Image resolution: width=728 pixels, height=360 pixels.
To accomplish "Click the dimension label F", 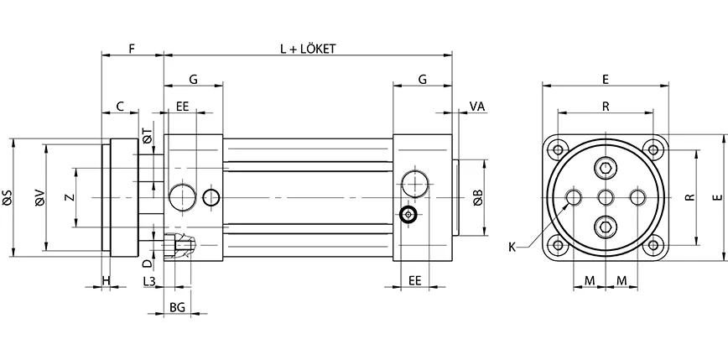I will (x=132, y=49).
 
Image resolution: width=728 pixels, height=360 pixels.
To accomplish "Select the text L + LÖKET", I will (x=308, y=49).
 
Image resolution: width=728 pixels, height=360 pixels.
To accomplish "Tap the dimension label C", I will (x=120, y=107).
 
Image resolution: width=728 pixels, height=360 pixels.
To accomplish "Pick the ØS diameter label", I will (x=8, y=197).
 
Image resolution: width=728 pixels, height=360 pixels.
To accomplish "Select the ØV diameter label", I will (x=39, y=197).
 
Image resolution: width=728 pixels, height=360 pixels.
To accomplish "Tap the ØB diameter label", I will (x=478, y=198).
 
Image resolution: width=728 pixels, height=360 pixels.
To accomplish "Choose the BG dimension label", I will (x=177, y=308).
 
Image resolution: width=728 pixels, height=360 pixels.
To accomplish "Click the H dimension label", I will (x=106, y=279).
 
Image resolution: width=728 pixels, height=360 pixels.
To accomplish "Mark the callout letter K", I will (x=512, y=247).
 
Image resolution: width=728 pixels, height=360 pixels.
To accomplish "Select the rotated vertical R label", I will (x=689, y=198).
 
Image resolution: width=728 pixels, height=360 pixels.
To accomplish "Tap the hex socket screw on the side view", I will (x=408, y=215).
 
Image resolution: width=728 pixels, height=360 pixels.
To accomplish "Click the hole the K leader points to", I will (x=575, y=197).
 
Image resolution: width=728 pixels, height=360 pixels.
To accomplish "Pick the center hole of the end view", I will (x=606, y=197).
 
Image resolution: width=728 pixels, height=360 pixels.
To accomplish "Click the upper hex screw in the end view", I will (x=606, y=168).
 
